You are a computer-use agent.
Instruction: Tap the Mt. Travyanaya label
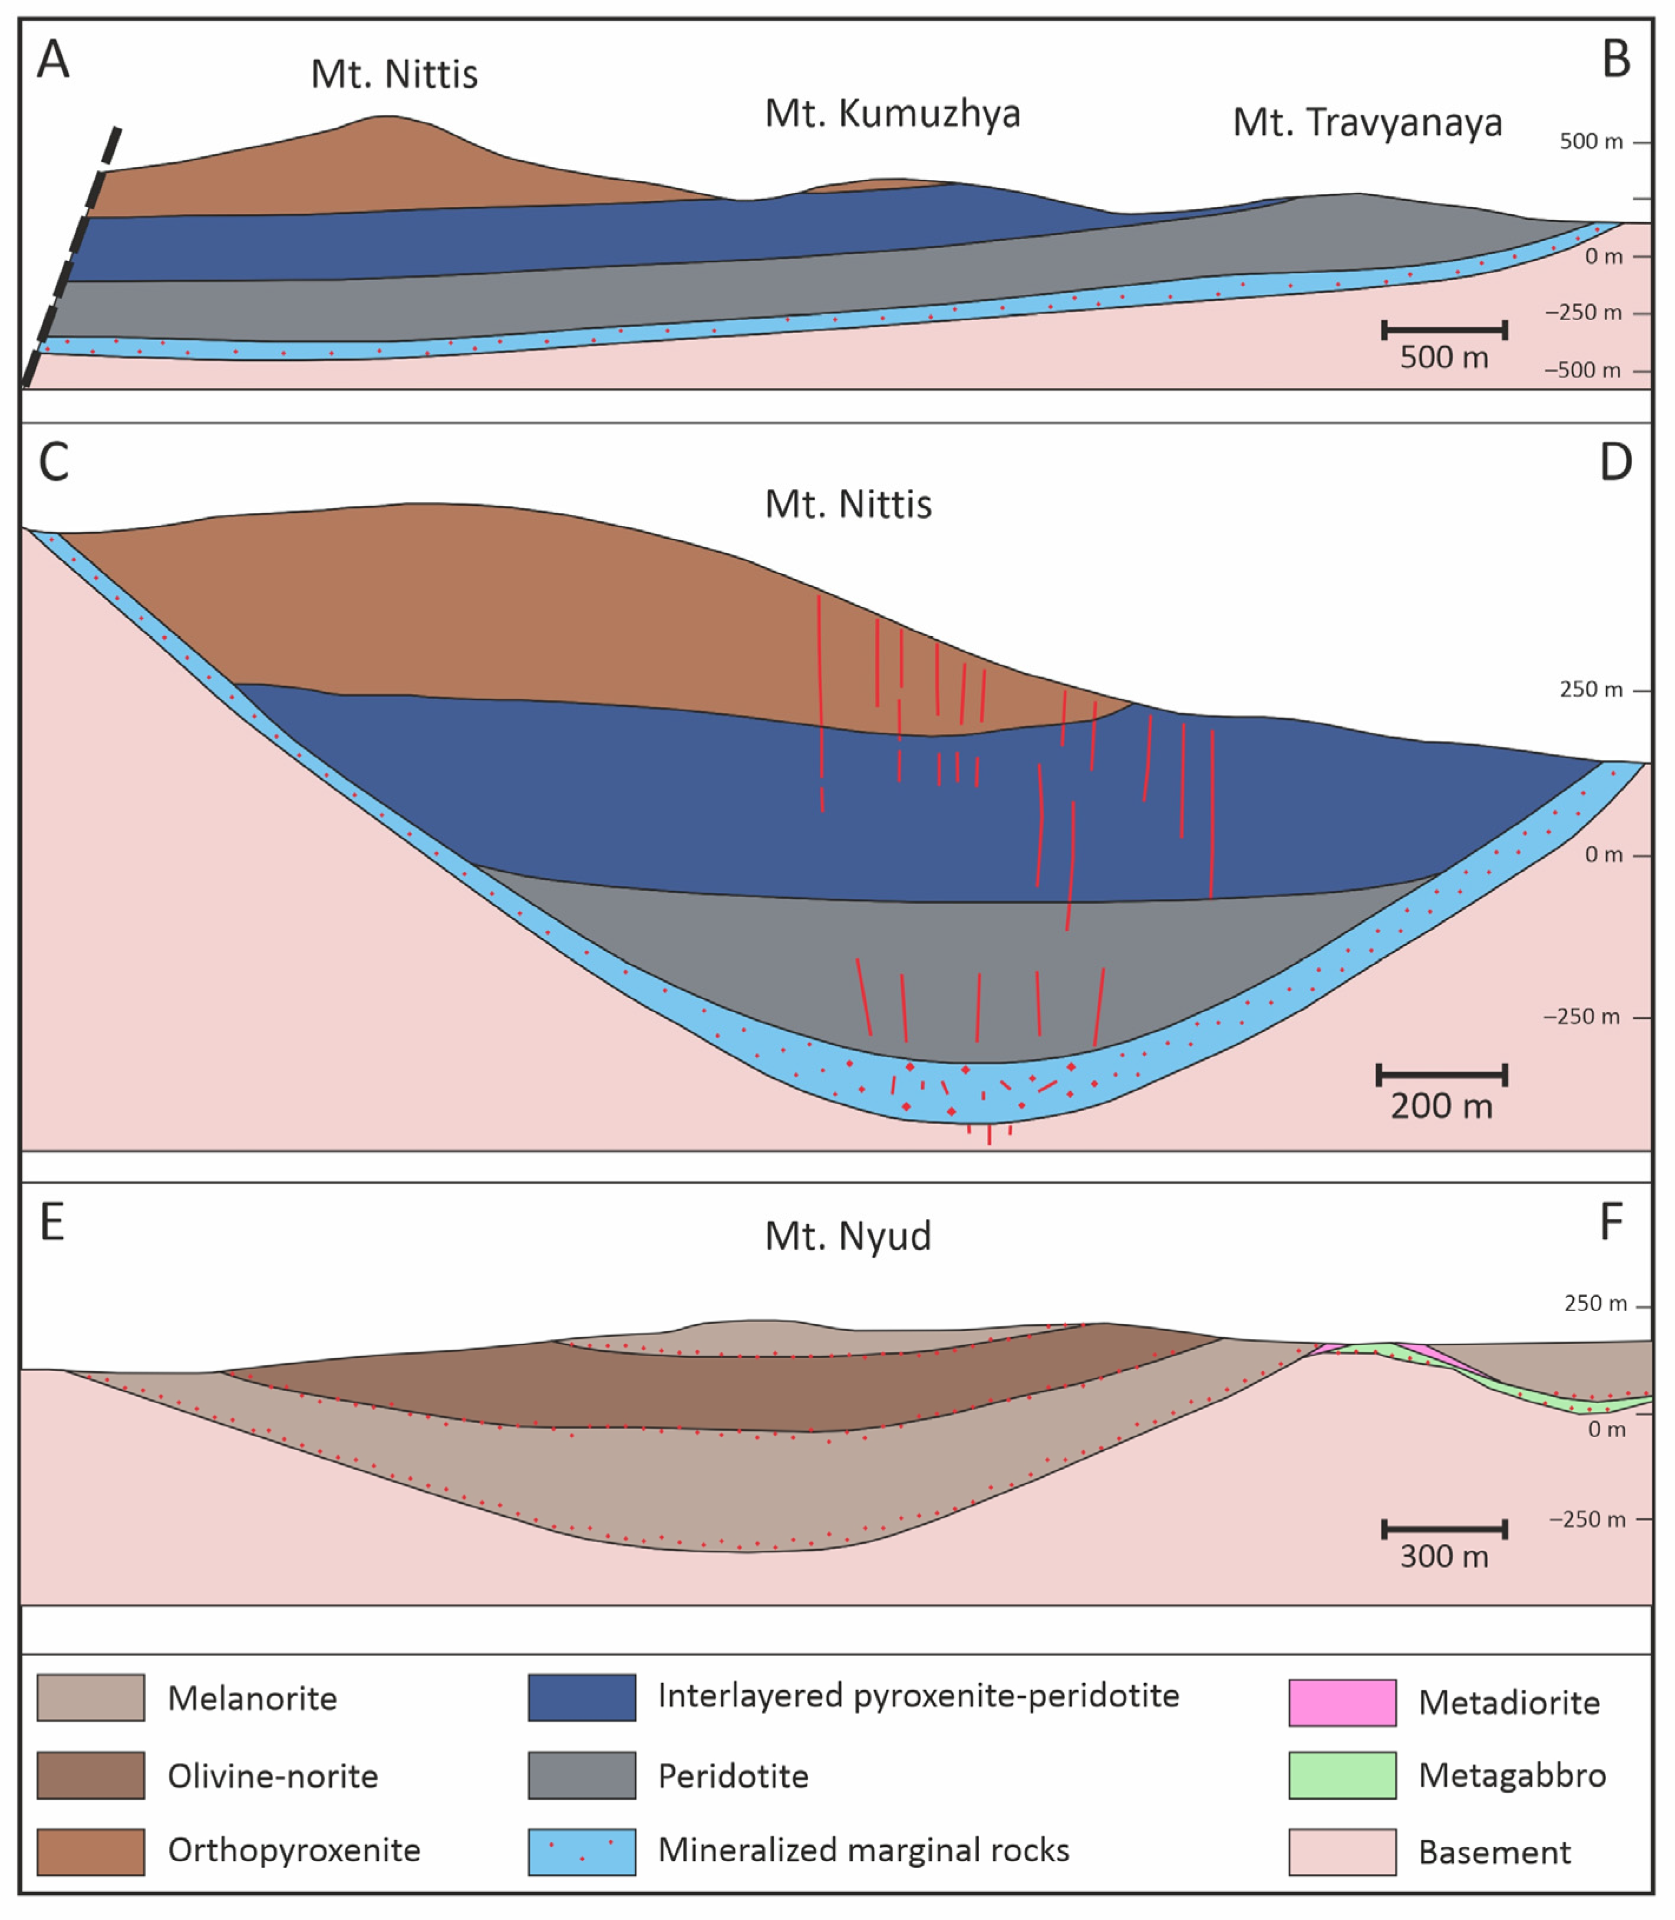[x=1367, y=123]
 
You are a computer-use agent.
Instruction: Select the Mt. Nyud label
[x=848, y=1236]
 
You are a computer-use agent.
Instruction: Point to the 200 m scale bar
[x=1442, y=1075]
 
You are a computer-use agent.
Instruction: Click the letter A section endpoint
[x=53, y=60]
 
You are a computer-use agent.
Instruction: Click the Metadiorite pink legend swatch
[x=1342, y=1702]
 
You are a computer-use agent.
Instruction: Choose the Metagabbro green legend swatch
[x=1342, y=1775]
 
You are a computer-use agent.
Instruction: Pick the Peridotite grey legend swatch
[x=581, y=1775]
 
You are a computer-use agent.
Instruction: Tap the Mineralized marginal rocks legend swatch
[x=581, y=1852]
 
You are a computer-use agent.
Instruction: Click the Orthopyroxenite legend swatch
[x=91, y=1852]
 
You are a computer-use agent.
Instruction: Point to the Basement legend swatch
[x=1342, y=1852]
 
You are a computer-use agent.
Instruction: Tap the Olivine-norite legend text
[x=273, y=1776]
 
